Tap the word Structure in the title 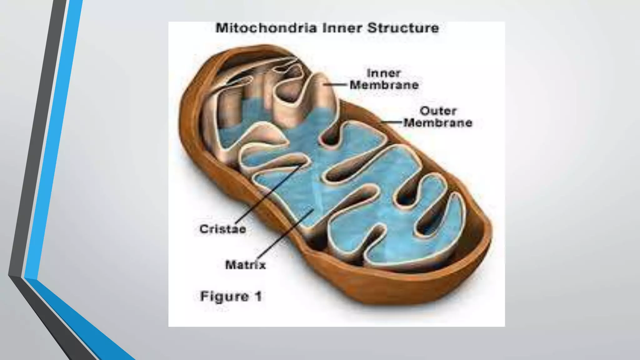403,28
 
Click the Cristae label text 223,229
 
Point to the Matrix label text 245,265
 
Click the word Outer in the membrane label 438,111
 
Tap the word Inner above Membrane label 383,73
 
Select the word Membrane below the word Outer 438,123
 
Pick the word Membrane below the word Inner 384,85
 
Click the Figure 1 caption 231,296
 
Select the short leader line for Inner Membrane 336,84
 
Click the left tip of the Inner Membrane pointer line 324,84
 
